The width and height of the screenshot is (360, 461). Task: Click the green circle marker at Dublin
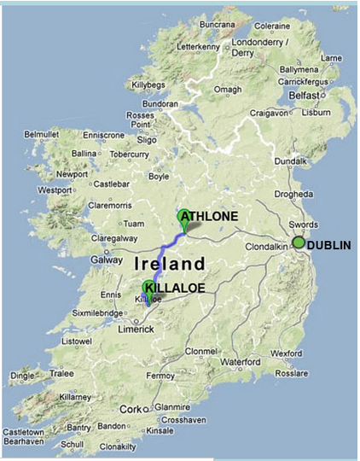click(299, 242)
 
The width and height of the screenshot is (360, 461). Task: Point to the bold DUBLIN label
click(328, 245)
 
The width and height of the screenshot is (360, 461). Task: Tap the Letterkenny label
click(198, 46)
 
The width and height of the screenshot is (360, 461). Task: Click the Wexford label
click(286, 353)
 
